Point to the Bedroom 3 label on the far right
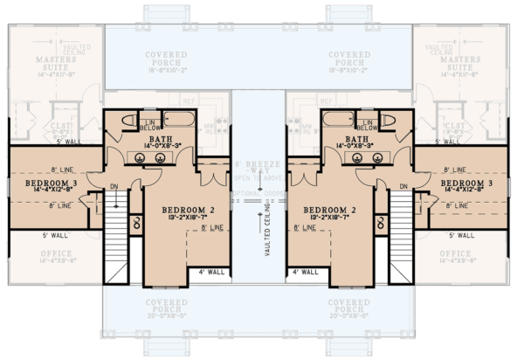click(478, 185)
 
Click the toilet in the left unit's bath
click(125, 121)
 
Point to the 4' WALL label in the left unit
click(210, 272)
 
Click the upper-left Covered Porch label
click(165, 59)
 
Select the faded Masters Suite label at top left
click(46, 63)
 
